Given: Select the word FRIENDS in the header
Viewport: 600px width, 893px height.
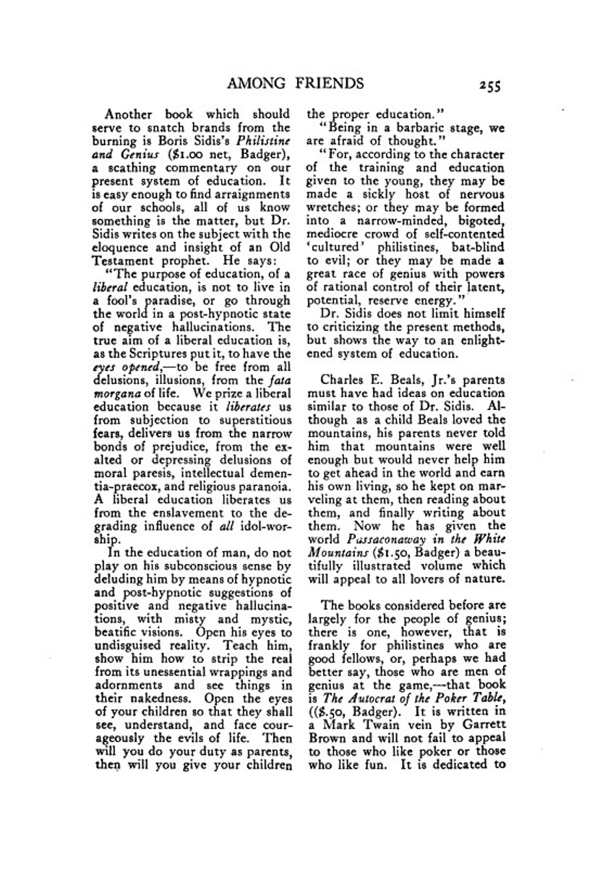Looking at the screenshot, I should click(329, 83).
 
